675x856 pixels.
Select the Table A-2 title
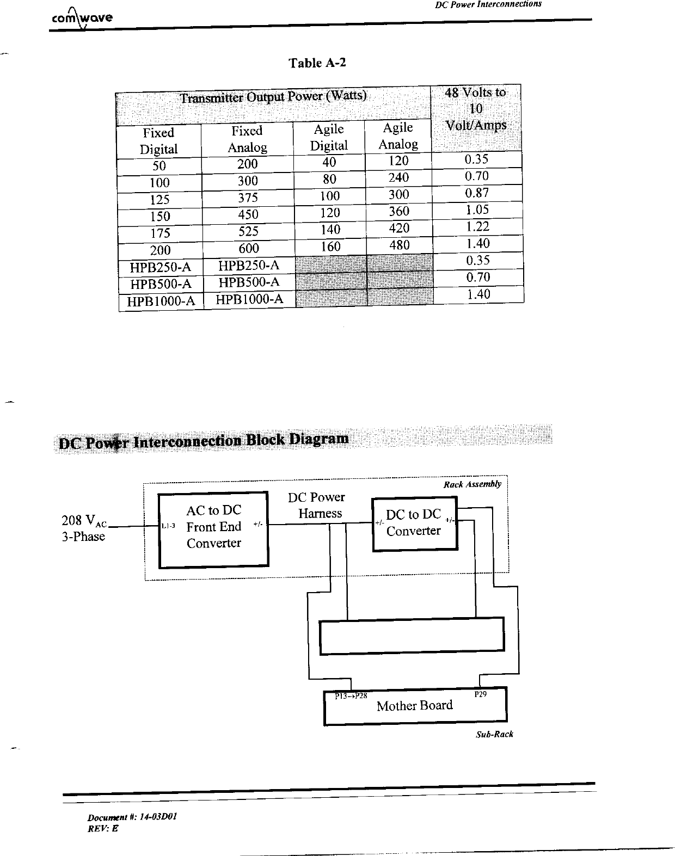[317, 63]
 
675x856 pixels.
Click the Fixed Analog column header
[247, 139]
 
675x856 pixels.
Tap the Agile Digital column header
[329, 137]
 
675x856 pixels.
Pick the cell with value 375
[248, 198]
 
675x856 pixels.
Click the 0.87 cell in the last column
[477, 193]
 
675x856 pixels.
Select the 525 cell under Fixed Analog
[248, 231]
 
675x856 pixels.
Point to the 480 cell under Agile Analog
[400, 245]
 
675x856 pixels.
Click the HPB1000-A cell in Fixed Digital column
[161, 301]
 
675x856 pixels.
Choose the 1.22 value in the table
[477, 227]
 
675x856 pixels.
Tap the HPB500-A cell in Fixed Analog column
[249, 282]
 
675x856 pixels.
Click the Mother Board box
[415, 706]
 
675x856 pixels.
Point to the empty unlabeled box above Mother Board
[412, 635]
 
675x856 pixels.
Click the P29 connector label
[480, 695]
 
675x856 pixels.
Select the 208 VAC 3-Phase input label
[84, 528]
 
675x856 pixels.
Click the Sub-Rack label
[494, 734]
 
